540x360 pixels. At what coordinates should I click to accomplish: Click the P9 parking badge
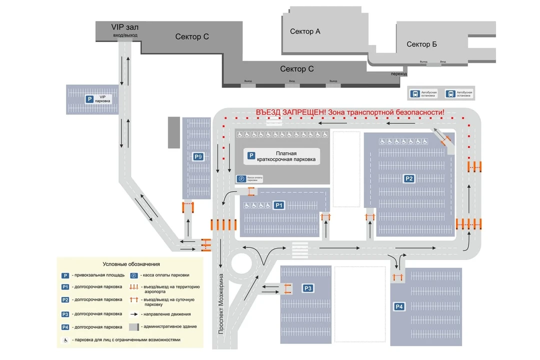[198, 156]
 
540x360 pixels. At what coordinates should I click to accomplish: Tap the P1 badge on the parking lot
[278, 205]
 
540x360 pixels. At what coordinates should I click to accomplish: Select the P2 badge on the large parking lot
[409, 178]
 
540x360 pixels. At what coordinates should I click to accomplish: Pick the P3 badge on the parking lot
[308, 288]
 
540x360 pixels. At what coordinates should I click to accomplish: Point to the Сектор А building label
[305, 31]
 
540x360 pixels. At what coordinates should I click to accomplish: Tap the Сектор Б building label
[421, 44]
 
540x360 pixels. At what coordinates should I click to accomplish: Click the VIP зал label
[124, 27]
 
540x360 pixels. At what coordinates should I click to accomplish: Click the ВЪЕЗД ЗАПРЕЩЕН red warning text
[349, 112]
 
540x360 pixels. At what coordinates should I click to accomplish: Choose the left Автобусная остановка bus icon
[415, 93]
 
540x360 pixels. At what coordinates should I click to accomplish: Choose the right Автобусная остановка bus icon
[450, 93]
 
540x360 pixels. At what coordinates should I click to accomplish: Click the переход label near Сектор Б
[399, 73]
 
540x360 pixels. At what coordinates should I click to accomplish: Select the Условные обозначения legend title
[131, 264]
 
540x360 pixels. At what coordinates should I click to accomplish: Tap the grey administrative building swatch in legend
[134, 327]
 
